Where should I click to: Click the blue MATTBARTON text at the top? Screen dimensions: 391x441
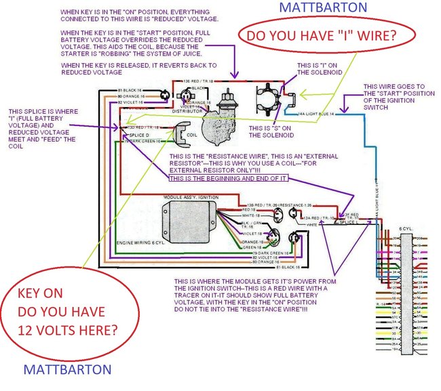tap(310, 7)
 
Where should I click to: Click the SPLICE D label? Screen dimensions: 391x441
tap(139, 135)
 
